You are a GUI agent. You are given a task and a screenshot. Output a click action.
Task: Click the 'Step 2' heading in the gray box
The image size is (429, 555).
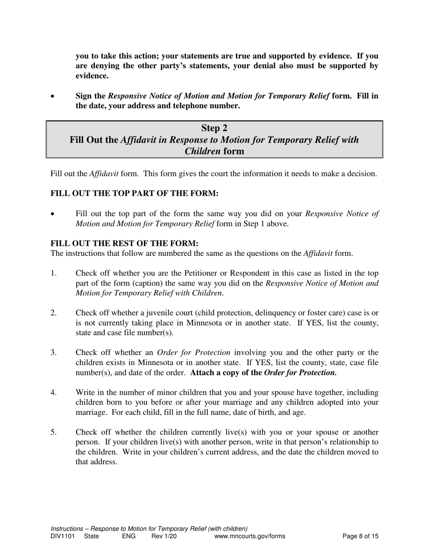click(x=214, y=128)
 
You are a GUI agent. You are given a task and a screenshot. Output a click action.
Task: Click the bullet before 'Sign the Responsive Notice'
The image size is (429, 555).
click(x=53, y=97)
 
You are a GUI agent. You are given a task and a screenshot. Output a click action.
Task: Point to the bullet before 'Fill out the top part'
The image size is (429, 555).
click(x=53, y=214)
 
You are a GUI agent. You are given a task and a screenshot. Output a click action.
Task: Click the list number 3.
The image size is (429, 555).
click(x=53, y=352)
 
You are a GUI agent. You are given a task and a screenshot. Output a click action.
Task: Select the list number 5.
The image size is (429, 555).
click(x=53, y=432)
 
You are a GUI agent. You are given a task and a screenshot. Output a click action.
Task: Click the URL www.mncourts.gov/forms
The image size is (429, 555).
click(x=250, y=536)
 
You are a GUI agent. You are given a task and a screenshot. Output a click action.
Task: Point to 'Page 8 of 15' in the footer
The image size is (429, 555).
click(x=360, y=536)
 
